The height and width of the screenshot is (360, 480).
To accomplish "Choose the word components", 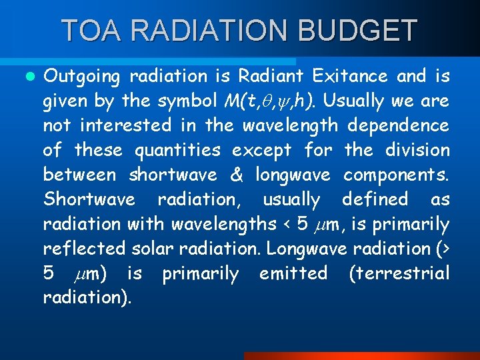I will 396,175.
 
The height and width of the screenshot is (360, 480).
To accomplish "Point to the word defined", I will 375,199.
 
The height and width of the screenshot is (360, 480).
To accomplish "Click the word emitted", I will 293,273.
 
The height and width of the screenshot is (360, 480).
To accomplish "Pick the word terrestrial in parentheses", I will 400,273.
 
